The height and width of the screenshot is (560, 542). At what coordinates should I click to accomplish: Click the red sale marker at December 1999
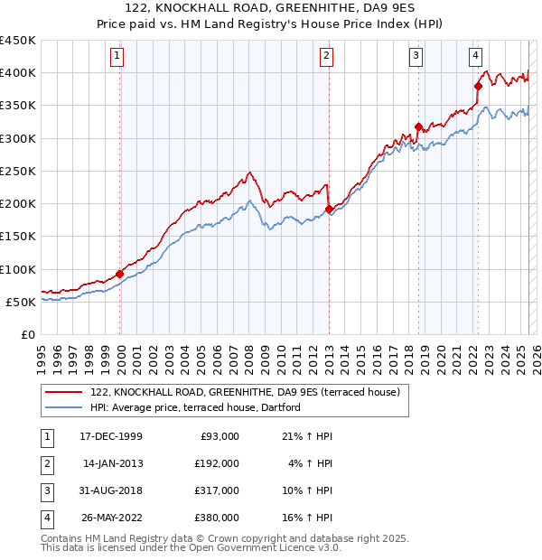pyautogui.click(x=119, y=274)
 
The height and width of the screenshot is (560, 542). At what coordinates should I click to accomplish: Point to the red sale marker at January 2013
pyautogui.click(x=328, y=209)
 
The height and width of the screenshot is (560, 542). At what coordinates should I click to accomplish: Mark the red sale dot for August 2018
pyautogui.click(x=418, y=127)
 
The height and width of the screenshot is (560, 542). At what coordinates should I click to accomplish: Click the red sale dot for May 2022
pyautogui.click(x=478, y=86)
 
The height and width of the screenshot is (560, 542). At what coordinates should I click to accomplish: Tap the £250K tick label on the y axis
pyautogui.click(x=18, y=171)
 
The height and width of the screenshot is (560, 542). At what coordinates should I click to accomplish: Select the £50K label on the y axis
pyautogui.click(x=22, y=302)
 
